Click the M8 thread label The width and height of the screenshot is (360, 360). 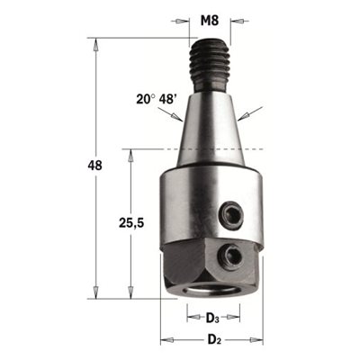tap(210, 21)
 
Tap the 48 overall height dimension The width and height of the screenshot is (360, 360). tap(94, 166)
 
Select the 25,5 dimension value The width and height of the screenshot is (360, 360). tap(131, 223)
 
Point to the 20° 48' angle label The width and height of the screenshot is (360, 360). tap(156, 98)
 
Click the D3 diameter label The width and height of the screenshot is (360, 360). tap(212, 318)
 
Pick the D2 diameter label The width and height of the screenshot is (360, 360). tap(214, 340)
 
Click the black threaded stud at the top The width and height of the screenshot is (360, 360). tap(210, 66)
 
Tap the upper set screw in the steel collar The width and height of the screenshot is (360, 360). tap(231, 214)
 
